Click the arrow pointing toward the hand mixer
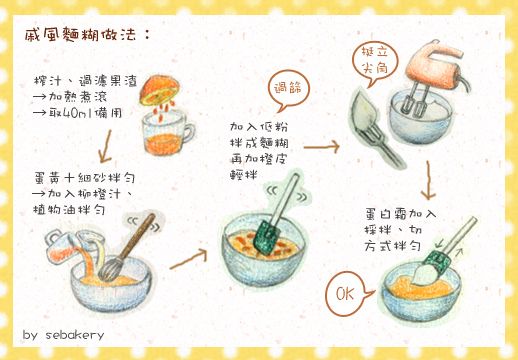(x=321, y=147)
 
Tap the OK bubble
(x=346, y=295)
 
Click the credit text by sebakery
(x=62, y=333)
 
